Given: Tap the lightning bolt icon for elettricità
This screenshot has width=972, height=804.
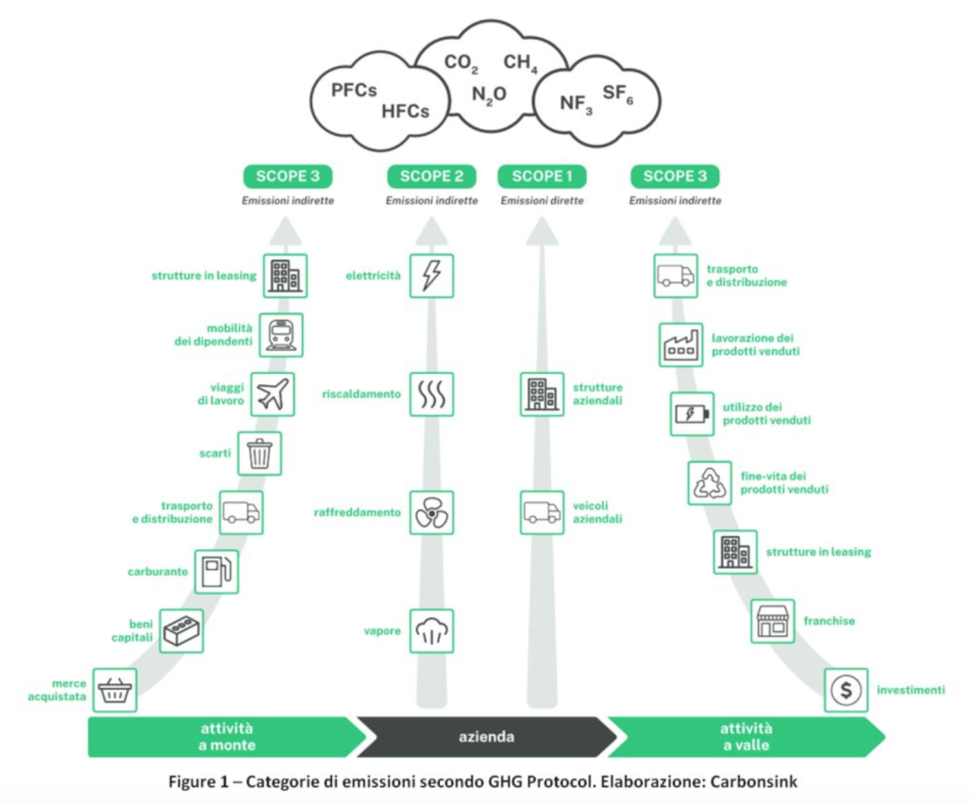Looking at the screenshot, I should pos(431,276).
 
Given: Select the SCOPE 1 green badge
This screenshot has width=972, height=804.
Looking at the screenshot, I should pos(542,176).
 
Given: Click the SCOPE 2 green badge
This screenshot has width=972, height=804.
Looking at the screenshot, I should pos(431,176).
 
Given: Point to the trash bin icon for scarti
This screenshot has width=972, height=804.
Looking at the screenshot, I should pos(260,453).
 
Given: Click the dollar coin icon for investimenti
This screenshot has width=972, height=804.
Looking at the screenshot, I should pos(846,691).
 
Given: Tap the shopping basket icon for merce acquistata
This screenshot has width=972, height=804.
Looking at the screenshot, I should pos(114,691).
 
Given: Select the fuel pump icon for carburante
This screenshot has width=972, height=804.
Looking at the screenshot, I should pos(216,571).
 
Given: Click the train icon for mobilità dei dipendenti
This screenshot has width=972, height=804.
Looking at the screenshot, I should pos(280,335).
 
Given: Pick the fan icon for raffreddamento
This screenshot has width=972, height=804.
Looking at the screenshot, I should pos(431,512).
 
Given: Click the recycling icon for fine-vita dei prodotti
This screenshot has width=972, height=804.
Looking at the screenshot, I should pos(708,484).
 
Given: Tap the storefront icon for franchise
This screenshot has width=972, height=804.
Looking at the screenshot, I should pos(772,621).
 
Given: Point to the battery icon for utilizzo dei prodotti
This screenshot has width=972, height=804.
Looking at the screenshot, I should pos(692,413).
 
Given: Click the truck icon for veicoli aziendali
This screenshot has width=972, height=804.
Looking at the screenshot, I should pos(542,512).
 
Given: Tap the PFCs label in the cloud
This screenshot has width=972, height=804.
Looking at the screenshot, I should pos(354,91).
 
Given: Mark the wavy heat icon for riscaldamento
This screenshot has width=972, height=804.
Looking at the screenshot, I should pos(431,394).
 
